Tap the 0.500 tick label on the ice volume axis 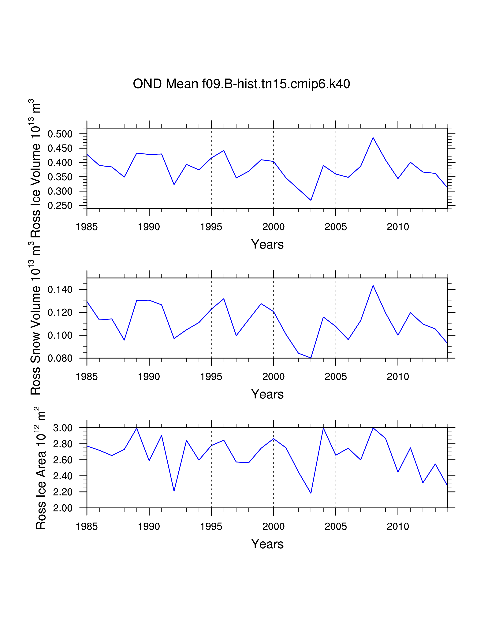60,134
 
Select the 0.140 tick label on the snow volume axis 60,289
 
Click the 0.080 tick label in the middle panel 60,358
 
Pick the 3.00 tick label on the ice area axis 63,428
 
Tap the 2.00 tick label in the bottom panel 63,508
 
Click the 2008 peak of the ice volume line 373,138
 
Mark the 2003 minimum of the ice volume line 311,200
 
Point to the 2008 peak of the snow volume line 373,285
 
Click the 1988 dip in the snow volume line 124,340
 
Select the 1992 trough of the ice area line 174,491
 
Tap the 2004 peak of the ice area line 323,428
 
